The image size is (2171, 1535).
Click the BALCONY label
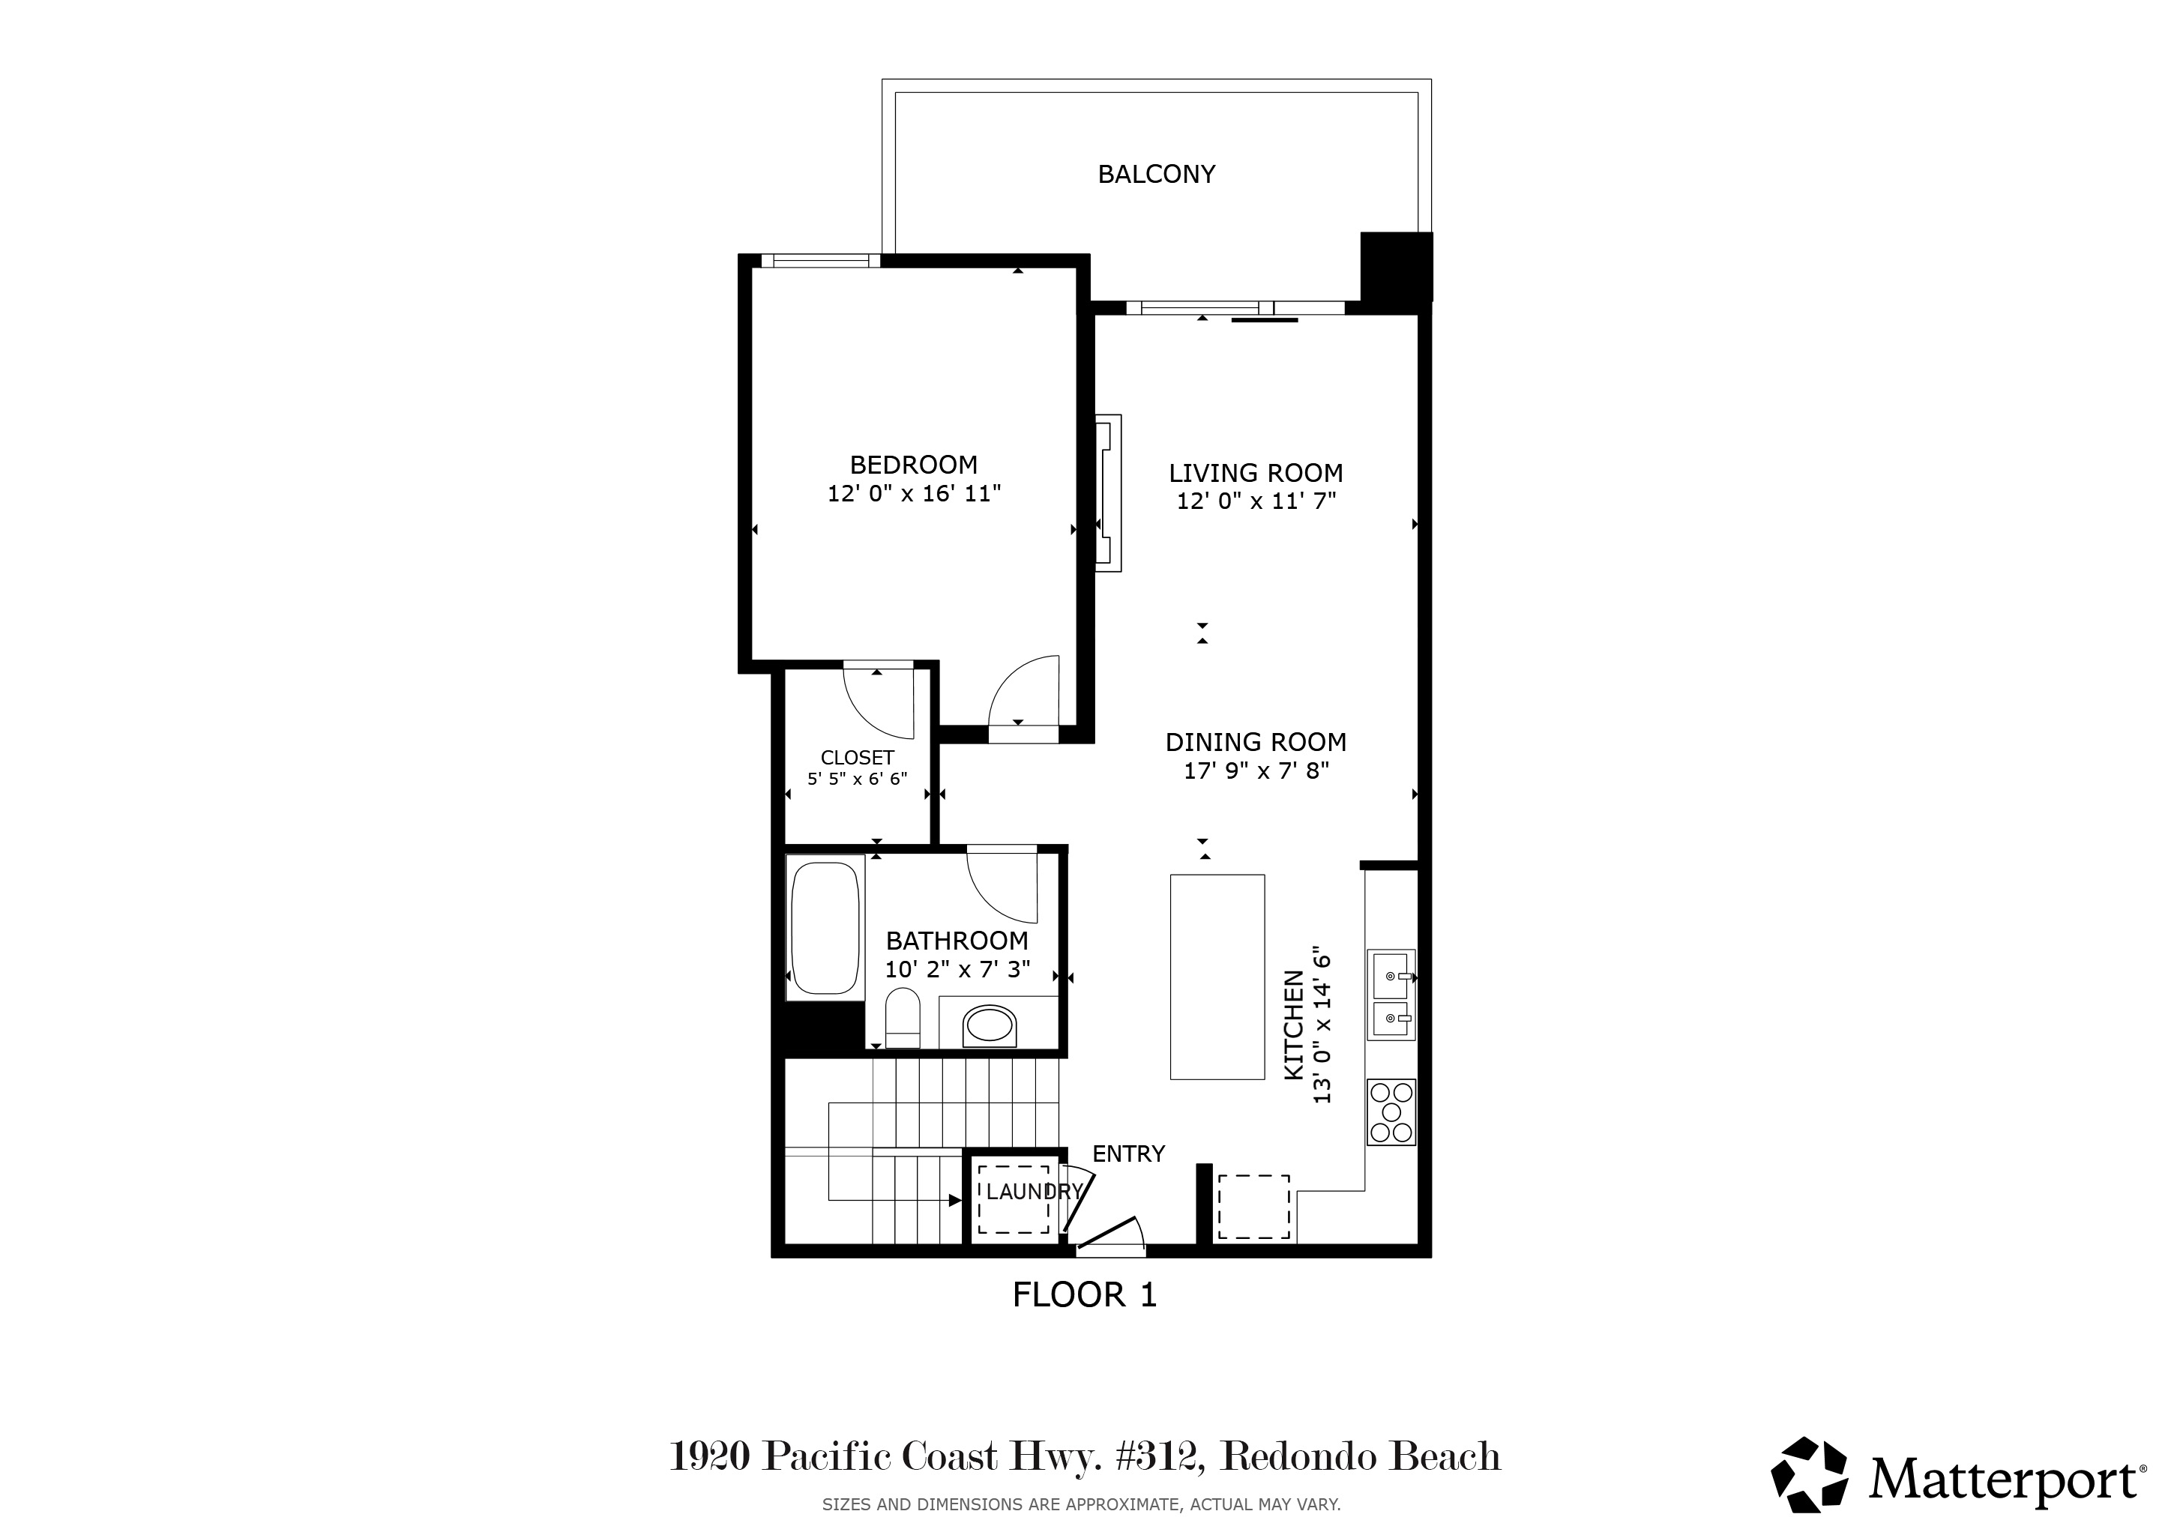tap(1157, 174)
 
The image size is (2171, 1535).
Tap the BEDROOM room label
tap(913, 465)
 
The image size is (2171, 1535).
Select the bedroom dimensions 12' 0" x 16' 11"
tap(913, 493)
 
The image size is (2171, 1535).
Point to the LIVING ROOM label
tap(1256, 473)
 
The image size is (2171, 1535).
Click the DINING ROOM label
tap(1256, 742)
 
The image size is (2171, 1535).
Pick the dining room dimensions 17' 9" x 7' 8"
tap(1256, 770)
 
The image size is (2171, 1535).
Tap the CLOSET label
tap(857, 758)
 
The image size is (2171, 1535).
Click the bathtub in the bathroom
tap(825, 927)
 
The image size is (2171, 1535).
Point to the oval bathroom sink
tap(989, 1025)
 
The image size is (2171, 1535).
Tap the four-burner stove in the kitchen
tap(1391, 1112)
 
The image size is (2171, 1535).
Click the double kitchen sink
tap(1391, 995)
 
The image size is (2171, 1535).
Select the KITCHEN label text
tap(1295, 1025)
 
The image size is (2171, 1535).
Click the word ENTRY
tap(1128, 1153)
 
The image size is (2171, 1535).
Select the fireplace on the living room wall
tap(1108, 492)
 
